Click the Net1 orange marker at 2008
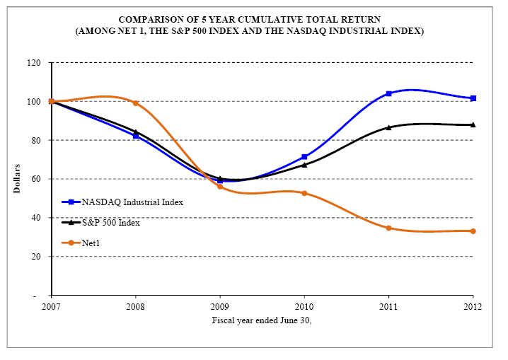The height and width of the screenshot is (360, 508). point(135,103)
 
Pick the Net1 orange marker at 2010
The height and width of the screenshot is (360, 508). point(304,193)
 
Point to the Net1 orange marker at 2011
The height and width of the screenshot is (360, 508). point(388,228)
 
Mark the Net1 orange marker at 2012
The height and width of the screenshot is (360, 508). point(473,231)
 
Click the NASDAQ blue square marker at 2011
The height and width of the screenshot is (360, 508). point(388,93)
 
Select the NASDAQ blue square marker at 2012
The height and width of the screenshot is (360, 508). point(473,98)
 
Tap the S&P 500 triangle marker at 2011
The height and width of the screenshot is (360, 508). point(388,127)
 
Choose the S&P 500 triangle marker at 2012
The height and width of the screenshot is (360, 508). point(473,124)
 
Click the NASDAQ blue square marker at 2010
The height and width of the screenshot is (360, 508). point(304,157)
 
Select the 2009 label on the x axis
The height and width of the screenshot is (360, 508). point(220,306)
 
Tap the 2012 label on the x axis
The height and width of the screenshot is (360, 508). point(473,306)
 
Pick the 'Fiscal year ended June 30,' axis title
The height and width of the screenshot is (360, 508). point(261,320)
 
